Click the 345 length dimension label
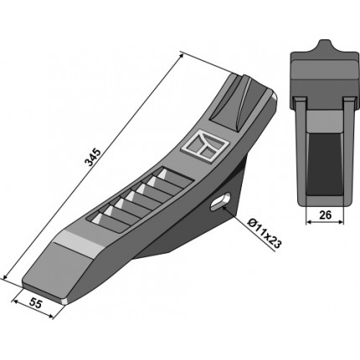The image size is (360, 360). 92,157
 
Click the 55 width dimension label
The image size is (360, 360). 35,303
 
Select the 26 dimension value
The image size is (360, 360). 325,215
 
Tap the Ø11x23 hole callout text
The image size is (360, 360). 265,234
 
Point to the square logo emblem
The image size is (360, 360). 205,146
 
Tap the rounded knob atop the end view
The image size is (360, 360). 324,47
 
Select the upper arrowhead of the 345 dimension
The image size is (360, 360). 181,55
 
